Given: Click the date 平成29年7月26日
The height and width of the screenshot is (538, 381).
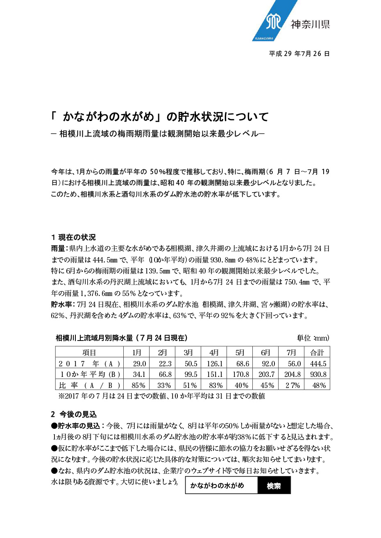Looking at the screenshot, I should pos(299,54).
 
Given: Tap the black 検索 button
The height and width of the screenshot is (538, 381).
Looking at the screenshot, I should pos(274,486).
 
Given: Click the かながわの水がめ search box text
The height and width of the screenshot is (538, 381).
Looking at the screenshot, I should pos(218,486).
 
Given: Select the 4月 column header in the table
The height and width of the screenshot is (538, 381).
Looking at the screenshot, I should pos(214,352).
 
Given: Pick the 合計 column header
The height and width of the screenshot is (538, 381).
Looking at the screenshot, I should pos(317,352).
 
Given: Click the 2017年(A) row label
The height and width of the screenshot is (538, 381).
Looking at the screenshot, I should pos(89,363).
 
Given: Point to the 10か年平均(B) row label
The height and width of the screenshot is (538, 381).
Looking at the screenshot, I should pos(89,374).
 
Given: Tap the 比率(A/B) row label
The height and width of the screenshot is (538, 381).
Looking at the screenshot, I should pos(89,385).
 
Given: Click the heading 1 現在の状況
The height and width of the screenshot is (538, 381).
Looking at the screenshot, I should pos(73,237).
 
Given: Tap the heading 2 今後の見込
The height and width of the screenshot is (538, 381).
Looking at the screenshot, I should pos(74,414).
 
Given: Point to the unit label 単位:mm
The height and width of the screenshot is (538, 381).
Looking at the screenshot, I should pos(313,338).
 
